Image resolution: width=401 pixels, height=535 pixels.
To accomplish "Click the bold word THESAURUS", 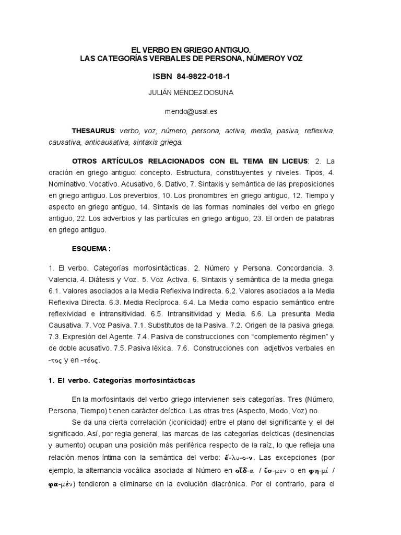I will click(93, 130).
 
